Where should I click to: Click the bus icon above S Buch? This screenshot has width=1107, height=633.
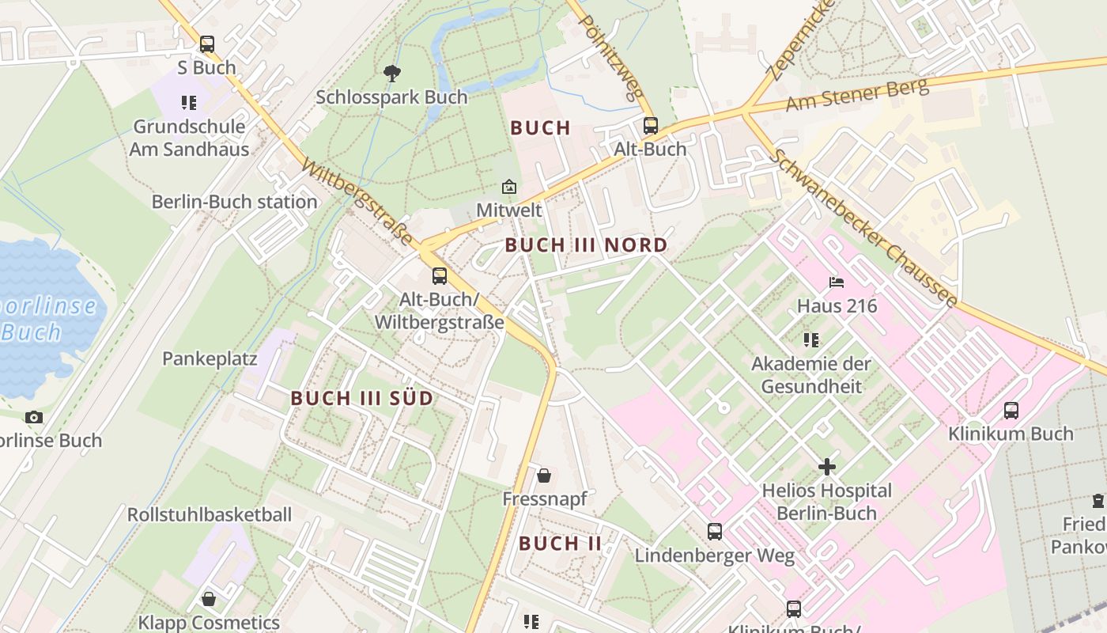coord(207,44)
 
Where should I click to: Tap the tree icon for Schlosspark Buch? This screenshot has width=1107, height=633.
coord(391,74)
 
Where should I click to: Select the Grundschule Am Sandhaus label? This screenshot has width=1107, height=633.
coord(189,138)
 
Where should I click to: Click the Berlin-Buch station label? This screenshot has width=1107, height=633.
coord(234,202)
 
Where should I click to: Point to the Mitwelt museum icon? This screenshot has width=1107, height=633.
coord(509,188)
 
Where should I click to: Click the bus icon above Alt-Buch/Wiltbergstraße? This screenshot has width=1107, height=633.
coord(440,276)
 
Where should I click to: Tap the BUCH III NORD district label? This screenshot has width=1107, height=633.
coord(586,245)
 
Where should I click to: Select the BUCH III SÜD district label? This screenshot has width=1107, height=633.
coord(361,398)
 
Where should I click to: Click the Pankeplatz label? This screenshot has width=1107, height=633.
coord(210,358)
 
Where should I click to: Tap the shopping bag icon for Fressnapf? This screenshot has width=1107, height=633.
coord(544,476)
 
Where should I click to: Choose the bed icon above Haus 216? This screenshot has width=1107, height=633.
coord(837,282)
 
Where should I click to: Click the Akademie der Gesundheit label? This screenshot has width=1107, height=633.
coord(810,375)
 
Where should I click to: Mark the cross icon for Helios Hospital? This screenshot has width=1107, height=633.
coord(827,467)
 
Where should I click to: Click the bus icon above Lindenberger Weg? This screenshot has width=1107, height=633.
coord(715,532)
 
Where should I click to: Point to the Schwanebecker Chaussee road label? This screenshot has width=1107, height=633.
coord(866,228)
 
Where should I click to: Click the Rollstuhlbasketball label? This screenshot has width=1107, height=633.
coord(210,514)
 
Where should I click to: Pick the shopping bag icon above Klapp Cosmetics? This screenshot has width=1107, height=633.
coord(209,599)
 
